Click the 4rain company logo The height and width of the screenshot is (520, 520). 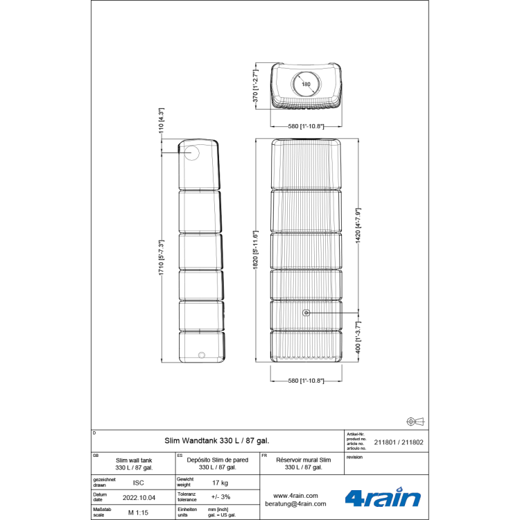point(383,497)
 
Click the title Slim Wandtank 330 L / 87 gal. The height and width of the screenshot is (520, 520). point(217,440)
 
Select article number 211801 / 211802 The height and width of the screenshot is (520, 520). point(399,442)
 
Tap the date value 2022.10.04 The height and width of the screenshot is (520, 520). point(138,498)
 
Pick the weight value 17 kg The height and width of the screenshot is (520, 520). point(220,482)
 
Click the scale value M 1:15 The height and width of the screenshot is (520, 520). point(138,512)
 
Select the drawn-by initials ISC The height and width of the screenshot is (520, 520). point(138,482)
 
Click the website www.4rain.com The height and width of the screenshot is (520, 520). point(295,496)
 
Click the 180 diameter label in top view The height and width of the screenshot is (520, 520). point(306,84)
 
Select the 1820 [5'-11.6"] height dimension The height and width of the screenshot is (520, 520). point(255,251)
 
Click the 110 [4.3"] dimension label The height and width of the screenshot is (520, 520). point(161,120)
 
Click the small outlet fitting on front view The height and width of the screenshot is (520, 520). point(306,313)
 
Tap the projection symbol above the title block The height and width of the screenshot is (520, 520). point(415,421)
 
